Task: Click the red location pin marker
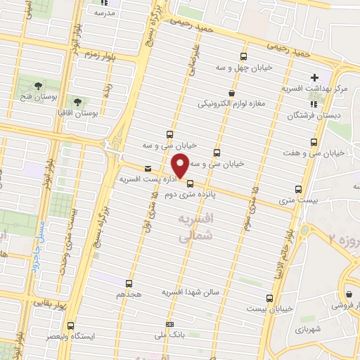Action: click(180, 166)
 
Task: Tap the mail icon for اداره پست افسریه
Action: click(148, 169)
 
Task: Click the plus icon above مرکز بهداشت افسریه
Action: click(314, 77)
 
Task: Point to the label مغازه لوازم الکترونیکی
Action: click(231, 103)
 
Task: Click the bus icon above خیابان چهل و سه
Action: click(244, 57)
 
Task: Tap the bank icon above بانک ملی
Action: click(169, 324)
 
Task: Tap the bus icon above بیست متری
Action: click(300, 189)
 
